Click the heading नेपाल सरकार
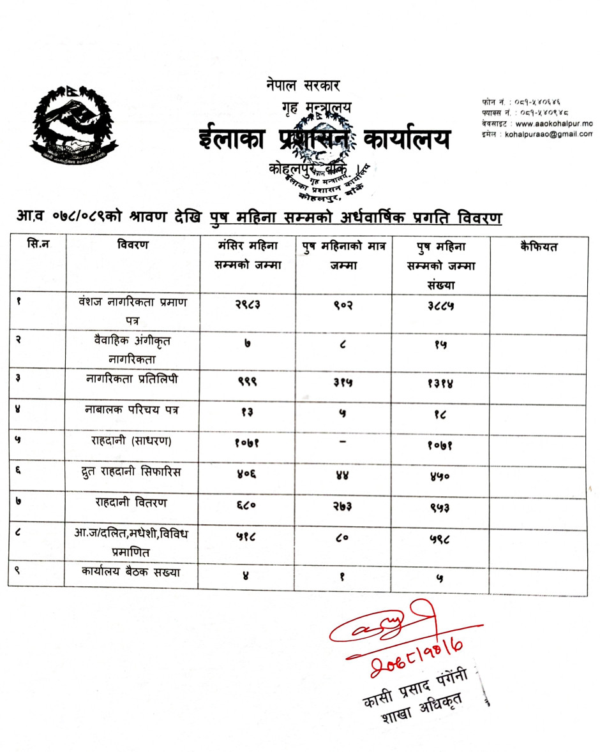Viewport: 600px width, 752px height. tap(304, 84)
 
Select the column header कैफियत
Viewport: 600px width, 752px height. tap(538, 246)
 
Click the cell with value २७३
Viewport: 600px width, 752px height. tap(342, 505)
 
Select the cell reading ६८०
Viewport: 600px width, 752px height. tap(246, 505)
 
